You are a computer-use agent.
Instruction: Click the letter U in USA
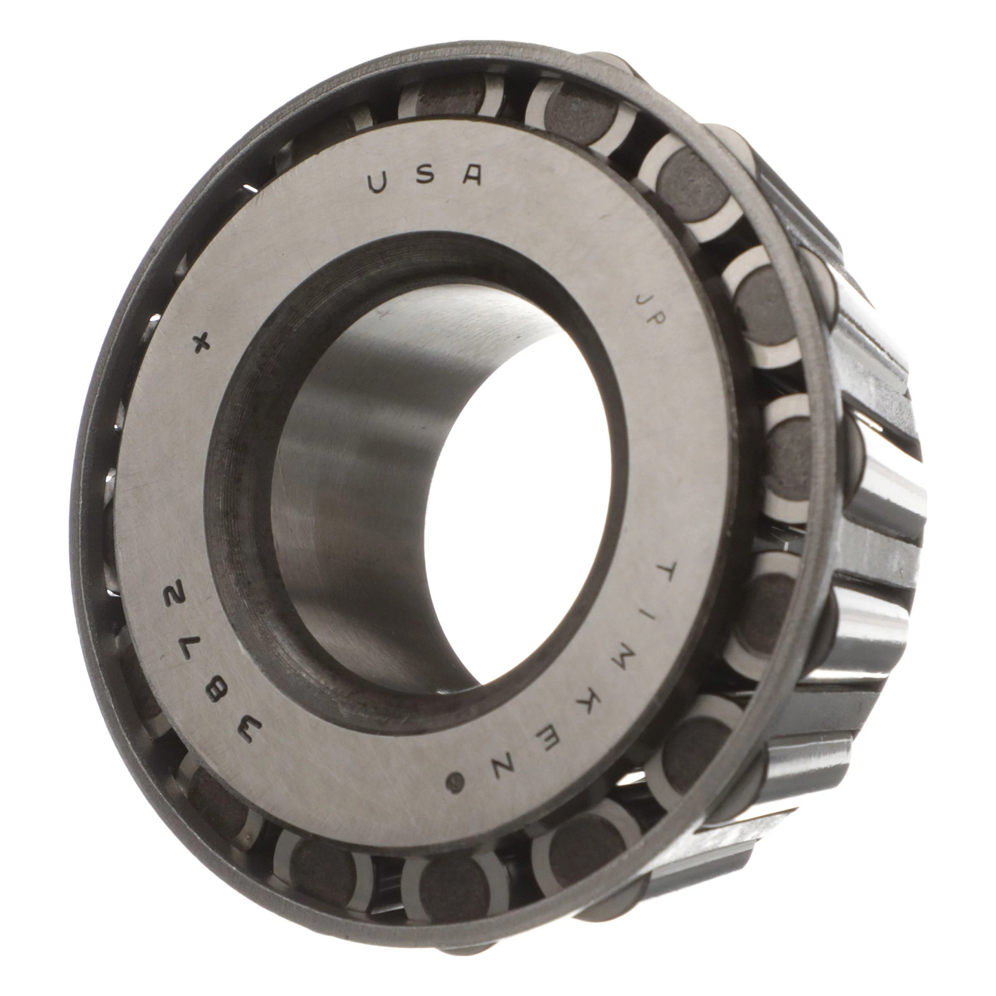(378, 183)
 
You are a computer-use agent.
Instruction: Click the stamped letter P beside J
(658, 324)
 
